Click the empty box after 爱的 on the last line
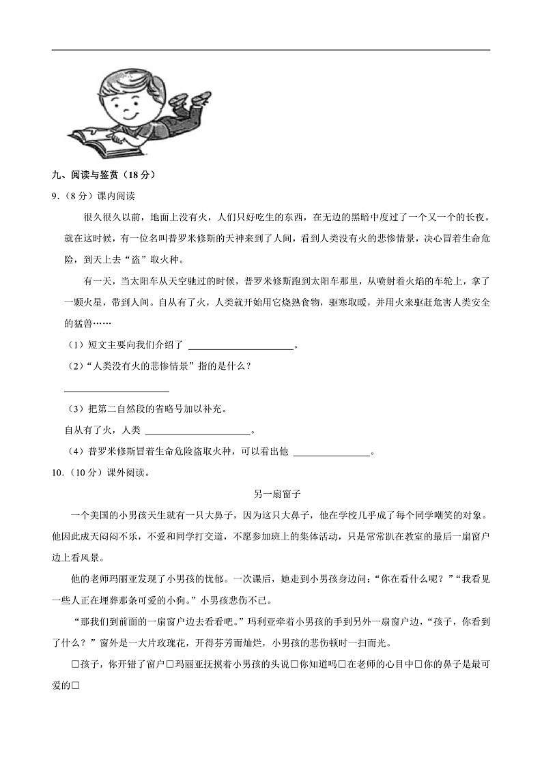pos(76,686)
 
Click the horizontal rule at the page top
pos(271,50)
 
